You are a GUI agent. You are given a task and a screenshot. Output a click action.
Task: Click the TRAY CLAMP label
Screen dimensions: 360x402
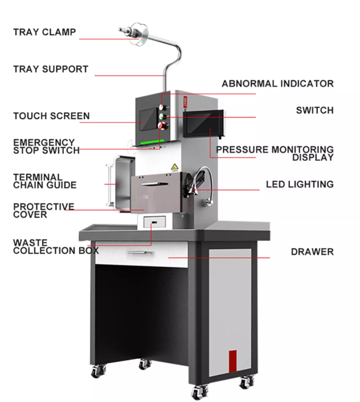coord(44,32)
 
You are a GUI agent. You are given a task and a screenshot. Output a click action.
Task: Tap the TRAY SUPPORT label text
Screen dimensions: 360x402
coord(51,69)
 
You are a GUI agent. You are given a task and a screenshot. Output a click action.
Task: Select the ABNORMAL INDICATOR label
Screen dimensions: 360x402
coord(278,84)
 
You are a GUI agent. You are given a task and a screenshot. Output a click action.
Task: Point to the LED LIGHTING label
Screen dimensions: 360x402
coord(300,184)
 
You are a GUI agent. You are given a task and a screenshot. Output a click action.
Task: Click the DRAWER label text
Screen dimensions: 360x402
coord(312,252)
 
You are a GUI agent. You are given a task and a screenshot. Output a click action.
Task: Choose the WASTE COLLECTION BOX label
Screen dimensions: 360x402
coord(56,246)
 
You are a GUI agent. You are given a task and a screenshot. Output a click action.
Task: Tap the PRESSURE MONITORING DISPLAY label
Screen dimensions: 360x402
coord(275,153)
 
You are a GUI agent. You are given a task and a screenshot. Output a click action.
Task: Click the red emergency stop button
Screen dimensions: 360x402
coord(162,126)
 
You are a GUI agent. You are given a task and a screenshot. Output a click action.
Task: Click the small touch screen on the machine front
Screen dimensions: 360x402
coord(148,119)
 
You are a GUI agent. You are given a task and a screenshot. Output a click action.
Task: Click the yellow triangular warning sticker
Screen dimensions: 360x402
coord(175,167)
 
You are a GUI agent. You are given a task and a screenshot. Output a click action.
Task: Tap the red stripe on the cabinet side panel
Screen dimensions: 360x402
coord(233,361)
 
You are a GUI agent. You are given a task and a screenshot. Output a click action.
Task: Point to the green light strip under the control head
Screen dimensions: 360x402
coord(152,142)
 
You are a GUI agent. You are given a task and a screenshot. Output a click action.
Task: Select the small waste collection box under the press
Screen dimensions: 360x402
coord(154,222)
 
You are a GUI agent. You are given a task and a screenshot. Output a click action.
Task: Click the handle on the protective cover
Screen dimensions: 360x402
coord(154,184)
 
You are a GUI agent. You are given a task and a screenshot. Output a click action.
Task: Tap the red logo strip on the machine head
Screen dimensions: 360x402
coord(185,103)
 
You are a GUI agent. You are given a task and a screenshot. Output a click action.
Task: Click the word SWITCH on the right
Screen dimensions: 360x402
coord(315,110)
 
